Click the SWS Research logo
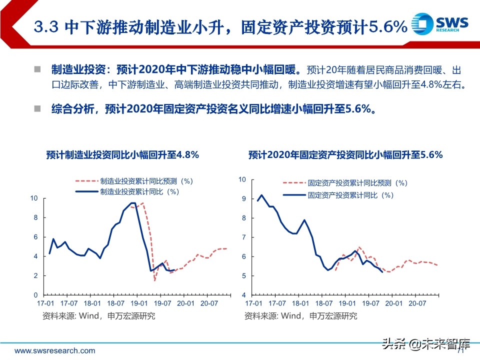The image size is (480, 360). pyautogui.click(x=439, y=24)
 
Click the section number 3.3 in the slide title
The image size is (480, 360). pyautogui.click(x=45, y=26)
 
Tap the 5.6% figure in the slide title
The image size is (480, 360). pyautogui.click(x=387, y=26)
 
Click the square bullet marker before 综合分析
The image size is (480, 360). pyautogui.click(x=37, y=108)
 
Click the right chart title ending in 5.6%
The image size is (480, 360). pyautogui.click(x=345, y=155)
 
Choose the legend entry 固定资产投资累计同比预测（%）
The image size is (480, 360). pyautogui.click(x=357, y=184)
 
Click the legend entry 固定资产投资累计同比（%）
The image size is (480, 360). pyautogui.click(x=350, y=195)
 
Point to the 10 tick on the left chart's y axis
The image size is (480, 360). pyautogui.click(x=34, y=198)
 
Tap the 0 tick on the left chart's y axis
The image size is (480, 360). pyautogui.click(x=36, y=295)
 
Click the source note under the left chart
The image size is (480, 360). pyautogui.click(x=98, y=315)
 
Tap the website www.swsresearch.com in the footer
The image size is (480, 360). pyautogui.click(x=54, y=350)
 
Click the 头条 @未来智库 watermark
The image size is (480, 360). pyautogui.click(x=426, y=344)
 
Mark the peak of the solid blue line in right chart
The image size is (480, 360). pyautogui.click(x=261, y=195)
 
